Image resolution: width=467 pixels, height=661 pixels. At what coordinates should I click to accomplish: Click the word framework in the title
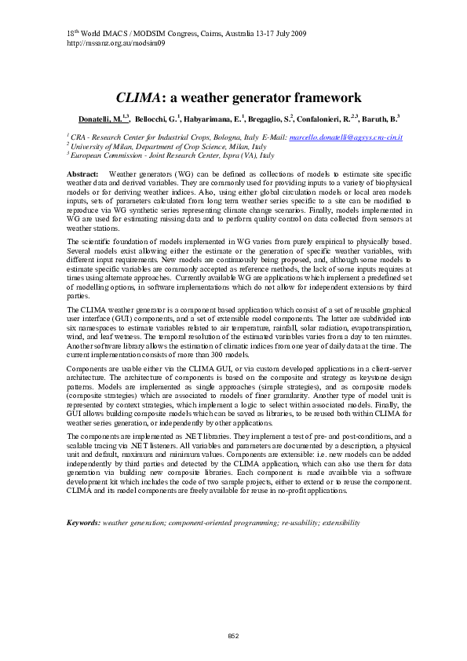pos(306,99)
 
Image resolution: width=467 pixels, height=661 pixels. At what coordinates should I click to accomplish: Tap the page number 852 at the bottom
pos(233,634)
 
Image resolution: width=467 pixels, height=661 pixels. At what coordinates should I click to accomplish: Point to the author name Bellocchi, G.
pos(156,119)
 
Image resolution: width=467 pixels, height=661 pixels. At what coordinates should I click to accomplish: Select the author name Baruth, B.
pos(381,119)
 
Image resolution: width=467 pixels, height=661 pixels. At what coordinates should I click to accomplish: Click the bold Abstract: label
pos(83,173)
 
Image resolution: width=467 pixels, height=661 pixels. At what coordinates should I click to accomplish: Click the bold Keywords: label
pos(84,522)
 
